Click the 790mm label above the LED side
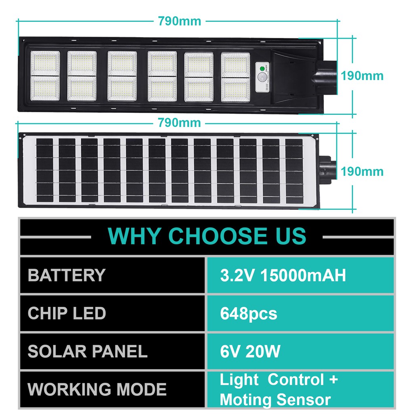(180, 21)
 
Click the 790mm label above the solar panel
(179, 123)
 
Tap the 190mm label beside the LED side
(362, 76)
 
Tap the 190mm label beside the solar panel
(362, 171)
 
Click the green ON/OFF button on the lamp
(262, 69)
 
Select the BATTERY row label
(67, 275)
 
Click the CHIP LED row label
(67, 313)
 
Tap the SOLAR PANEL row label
(87, 351)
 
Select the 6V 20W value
(250, 351)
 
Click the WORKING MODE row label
(97, 389)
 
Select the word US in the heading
(291, 236)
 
